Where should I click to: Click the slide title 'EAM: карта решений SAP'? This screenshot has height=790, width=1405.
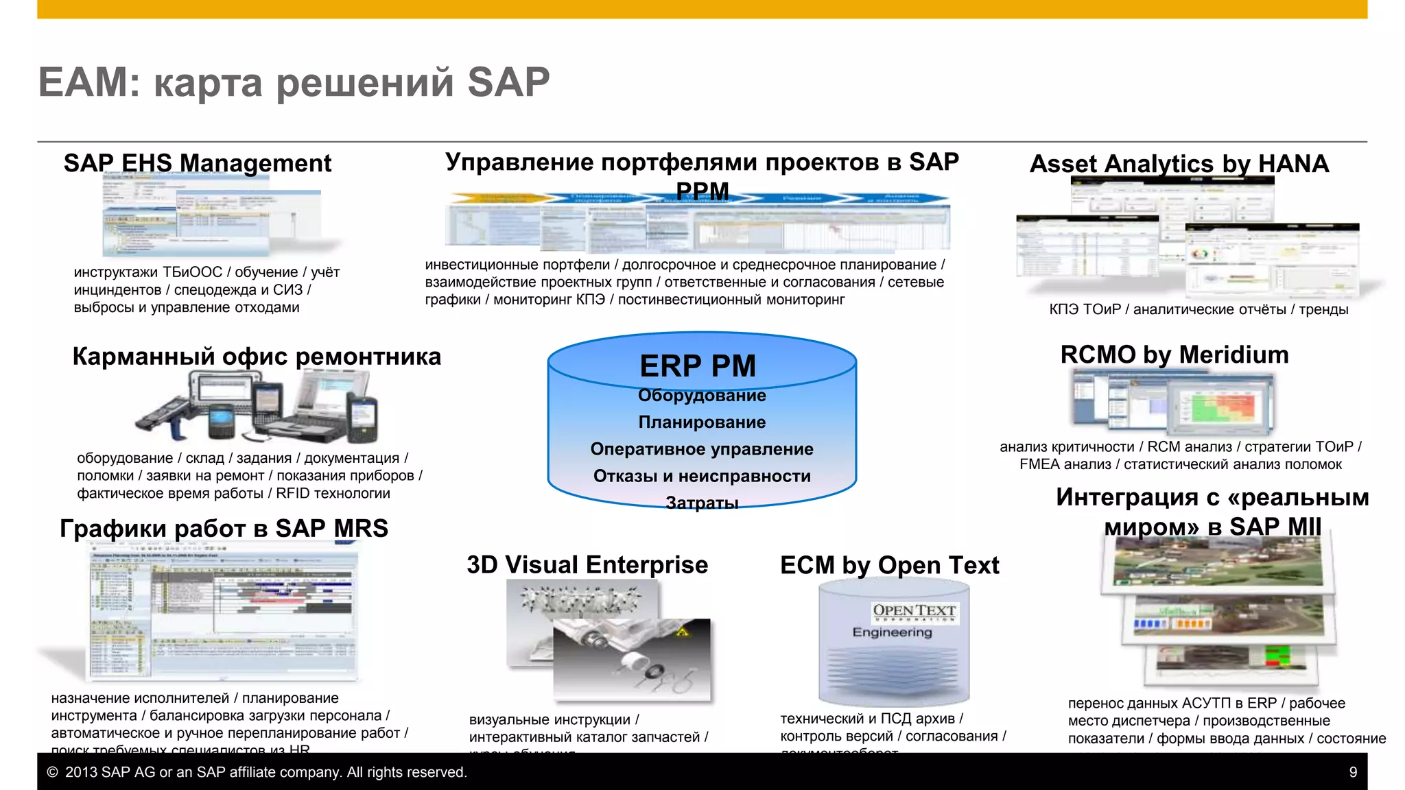click(x=294, y=83)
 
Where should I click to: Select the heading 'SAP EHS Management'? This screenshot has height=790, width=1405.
click(x=198, y=163)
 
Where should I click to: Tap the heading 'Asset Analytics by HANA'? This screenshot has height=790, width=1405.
click(x=1179, y=164)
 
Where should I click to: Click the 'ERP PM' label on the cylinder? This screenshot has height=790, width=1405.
click(x=698, y=366)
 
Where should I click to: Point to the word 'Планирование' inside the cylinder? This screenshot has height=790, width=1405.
click(x=702, y=422)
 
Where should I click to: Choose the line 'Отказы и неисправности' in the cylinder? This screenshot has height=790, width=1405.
click(x=702, y=476)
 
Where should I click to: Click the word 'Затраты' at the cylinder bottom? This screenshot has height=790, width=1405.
click(x=702, y=503)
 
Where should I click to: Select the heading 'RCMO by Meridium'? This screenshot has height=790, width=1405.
click(x=1174, y=355)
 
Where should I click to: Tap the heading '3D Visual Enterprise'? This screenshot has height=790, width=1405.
click(x=587, y=564)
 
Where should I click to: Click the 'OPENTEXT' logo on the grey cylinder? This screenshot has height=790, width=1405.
click(x=914, y=610)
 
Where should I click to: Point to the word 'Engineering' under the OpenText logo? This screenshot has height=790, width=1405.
click(x=892, y=632)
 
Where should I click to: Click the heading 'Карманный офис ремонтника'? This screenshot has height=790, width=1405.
click(x=257, y=357)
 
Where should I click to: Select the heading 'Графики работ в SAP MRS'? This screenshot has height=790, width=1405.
click(x=224, y=528)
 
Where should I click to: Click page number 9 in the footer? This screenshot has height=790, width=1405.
click(x=1353, y=772)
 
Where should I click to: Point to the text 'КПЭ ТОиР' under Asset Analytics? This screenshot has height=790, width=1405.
click(x=1084, y=309)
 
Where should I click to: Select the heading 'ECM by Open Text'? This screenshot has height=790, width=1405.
click(x=889, y=565)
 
